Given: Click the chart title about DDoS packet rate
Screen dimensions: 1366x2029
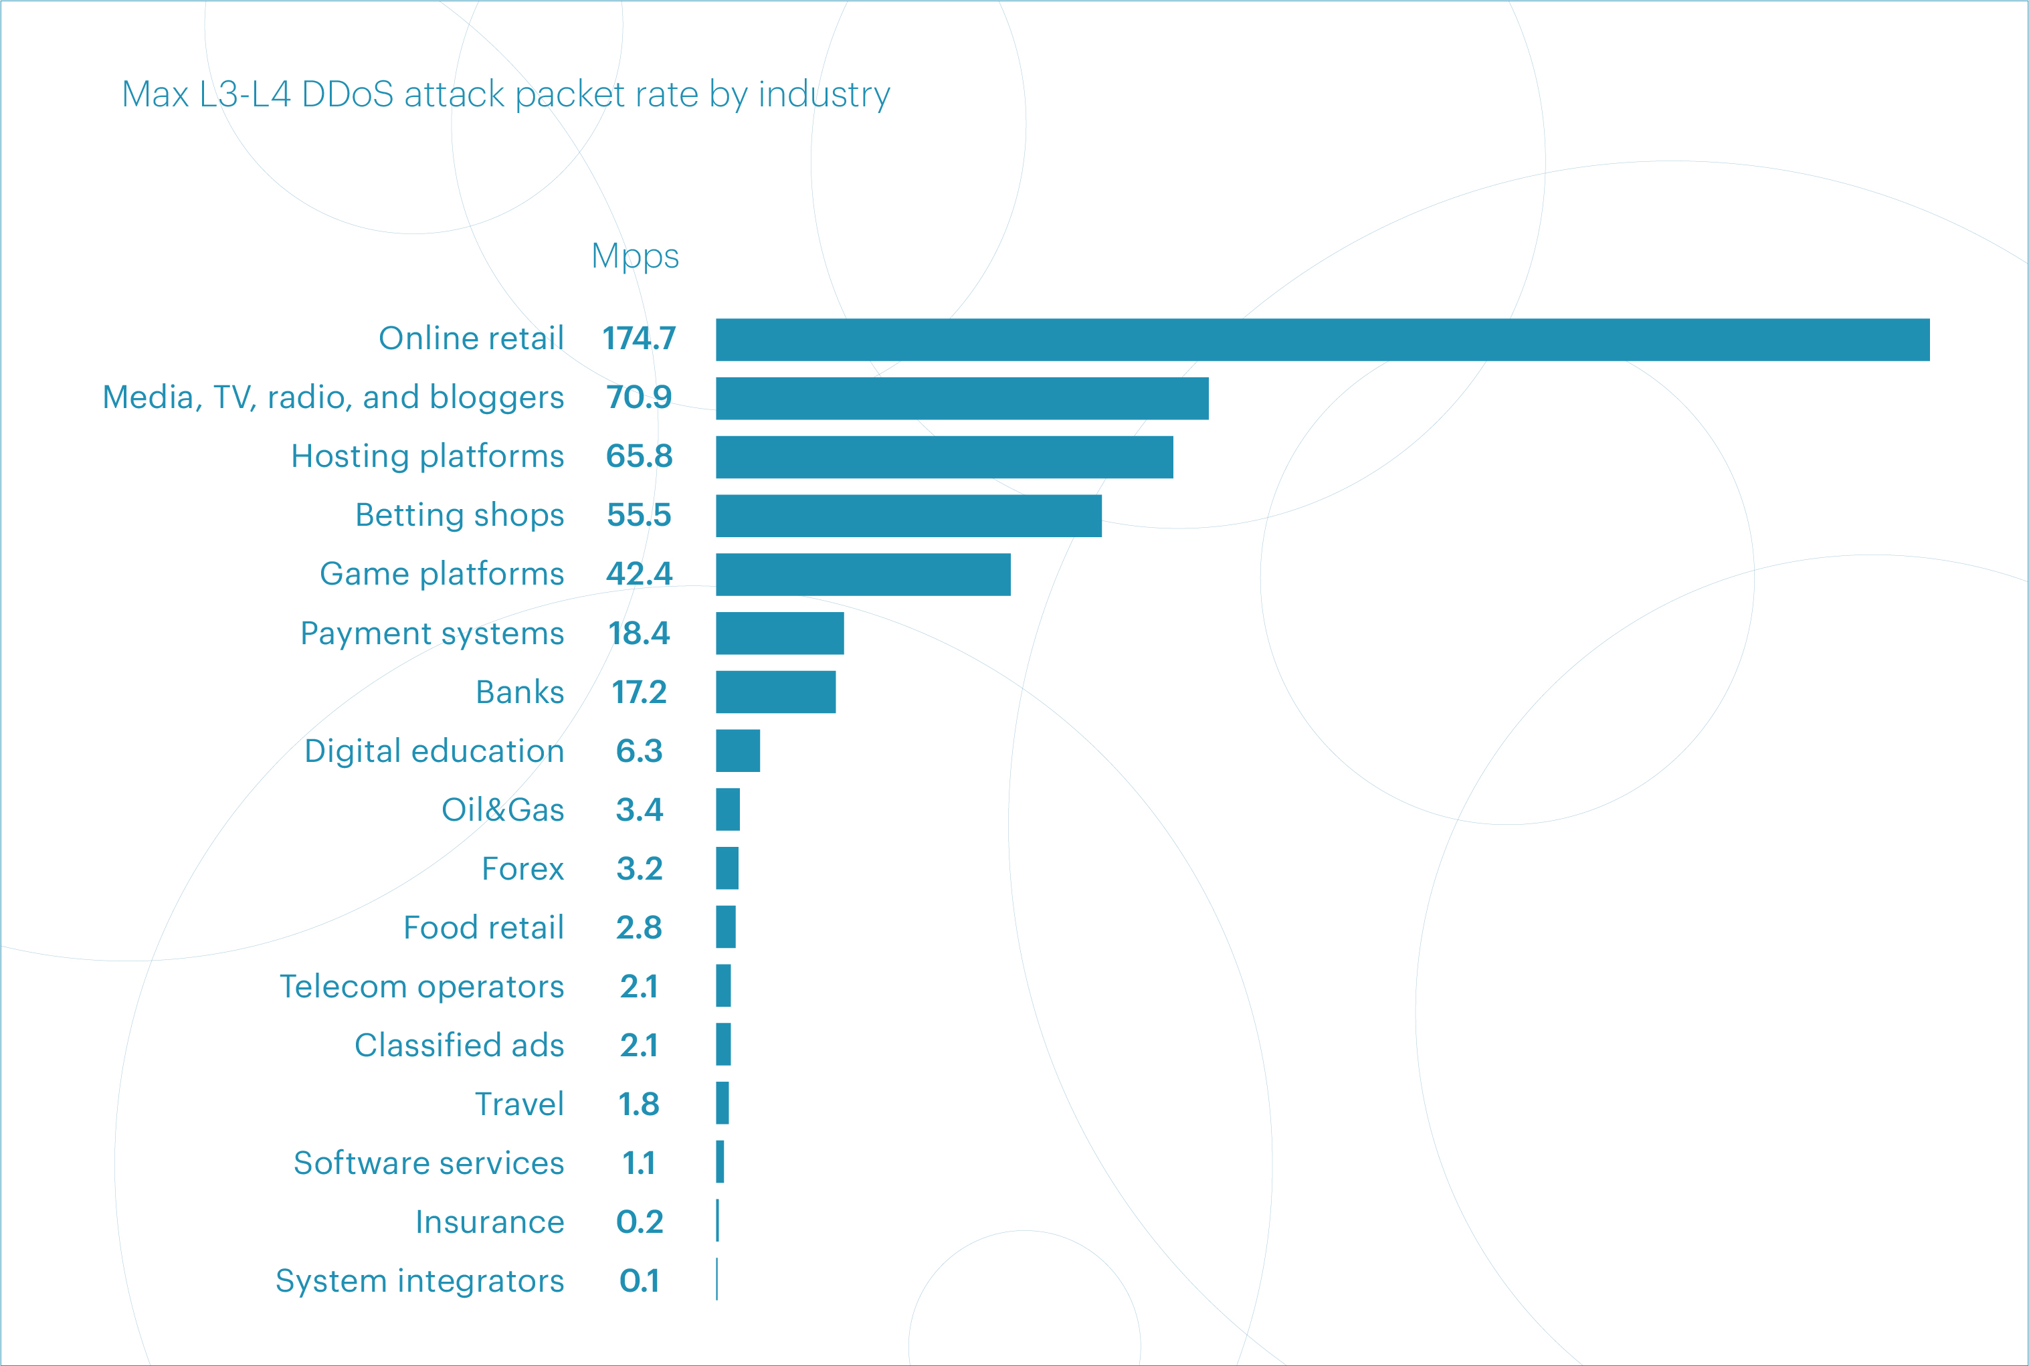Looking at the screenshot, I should (x=505, y=94).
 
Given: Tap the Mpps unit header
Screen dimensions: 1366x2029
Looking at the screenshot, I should (x=634, y=256).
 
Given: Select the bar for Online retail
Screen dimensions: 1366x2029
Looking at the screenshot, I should (x=1322, y=340).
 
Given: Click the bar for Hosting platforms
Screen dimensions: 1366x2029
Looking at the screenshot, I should (x=945, y=458).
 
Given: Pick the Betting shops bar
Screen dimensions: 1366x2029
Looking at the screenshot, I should (x=908, y=516).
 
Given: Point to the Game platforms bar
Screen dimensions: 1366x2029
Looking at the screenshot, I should (x=862, y=575).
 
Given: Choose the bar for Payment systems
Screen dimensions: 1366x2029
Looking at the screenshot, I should (x=780, y=633).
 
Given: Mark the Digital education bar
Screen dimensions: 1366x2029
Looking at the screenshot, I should (x=738, y=751).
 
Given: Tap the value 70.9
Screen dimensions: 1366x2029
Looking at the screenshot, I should (x=639, y=397).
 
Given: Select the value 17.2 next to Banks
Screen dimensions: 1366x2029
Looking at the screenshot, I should (x=639, y=692).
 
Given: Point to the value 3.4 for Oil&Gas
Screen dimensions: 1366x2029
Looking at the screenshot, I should (x=639, y=810).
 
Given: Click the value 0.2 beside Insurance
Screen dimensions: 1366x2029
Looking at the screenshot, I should (x=639, y=1222).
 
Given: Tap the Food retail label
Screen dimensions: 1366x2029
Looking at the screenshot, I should (x=484, y=928).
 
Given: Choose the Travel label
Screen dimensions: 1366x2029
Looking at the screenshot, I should (x=519, y=1104).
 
